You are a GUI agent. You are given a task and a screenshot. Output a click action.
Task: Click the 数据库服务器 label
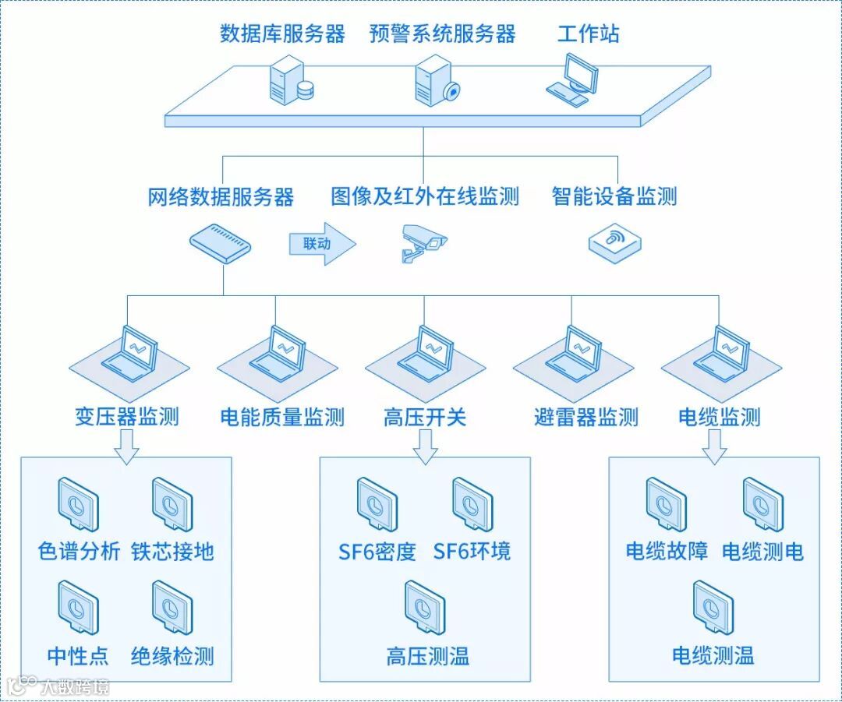[x=282, y=34]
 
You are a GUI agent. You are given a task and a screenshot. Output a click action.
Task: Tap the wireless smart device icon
[x=615, y=242]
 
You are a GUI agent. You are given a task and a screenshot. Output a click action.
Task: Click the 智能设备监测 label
[x=614, y=196]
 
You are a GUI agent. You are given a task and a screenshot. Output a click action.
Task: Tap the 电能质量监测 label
[x=282, y=418]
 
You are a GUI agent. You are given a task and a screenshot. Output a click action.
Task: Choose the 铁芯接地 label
[x=172, y=552]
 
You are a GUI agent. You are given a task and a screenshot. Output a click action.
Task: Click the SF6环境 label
[x=472, y=552]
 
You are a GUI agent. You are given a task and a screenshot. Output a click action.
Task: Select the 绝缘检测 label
[x=172, y=656]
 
